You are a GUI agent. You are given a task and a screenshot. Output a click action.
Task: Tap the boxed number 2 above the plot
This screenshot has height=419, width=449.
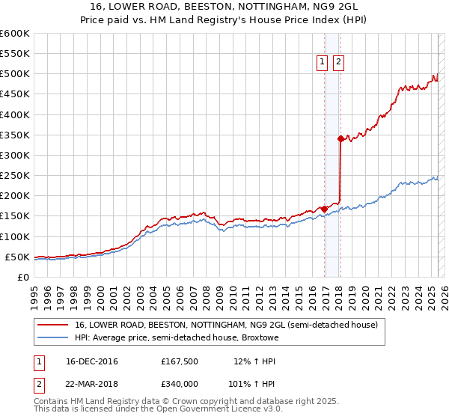[x=338, y=63]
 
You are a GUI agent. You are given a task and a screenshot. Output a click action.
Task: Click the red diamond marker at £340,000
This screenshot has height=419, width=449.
[x=340, y=138]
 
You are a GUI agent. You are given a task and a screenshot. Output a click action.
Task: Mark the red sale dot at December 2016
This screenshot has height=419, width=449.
[x=324, y=209]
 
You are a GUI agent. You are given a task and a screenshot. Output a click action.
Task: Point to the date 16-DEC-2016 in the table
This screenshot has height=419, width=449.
[x=91, y=361]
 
